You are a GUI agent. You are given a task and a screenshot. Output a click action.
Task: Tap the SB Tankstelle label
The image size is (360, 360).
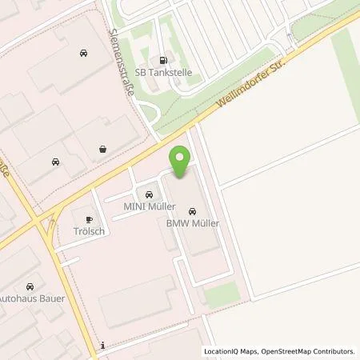click(163, 72)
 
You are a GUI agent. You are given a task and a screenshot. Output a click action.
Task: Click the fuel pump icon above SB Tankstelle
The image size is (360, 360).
click(164, 58)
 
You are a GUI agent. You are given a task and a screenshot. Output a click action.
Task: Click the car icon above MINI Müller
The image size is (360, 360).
click(148, 194)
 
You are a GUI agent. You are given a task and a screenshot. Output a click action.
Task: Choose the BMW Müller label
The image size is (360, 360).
click(192, 225)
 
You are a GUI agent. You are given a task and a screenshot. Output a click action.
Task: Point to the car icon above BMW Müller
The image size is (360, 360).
click(192, 211)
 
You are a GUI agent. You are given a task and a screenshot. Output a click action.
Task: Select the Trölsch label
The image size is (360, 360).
click(89, 231)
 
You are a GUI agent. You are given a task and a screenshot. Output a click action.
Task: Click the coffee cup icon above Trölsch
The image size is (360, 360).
click(88, 218)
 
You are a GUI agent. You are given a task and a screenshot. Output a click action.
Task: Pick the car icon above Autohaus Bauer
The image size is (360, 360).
click(31, 286)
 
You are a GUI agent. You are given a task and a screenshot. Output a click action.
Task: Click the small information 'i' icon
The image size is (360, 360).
click(103, 346)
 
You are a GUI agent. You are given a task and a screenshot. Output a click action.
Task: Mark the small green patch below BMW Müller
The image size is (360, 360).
click(222, 293)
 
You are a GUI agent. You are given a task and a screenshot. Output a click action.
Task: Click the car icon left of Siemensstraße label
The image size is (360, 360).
click(84, 53)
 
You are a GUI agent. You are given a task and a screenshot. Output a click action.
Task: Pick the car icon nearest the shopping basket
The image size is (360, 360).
click(55, 161)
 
